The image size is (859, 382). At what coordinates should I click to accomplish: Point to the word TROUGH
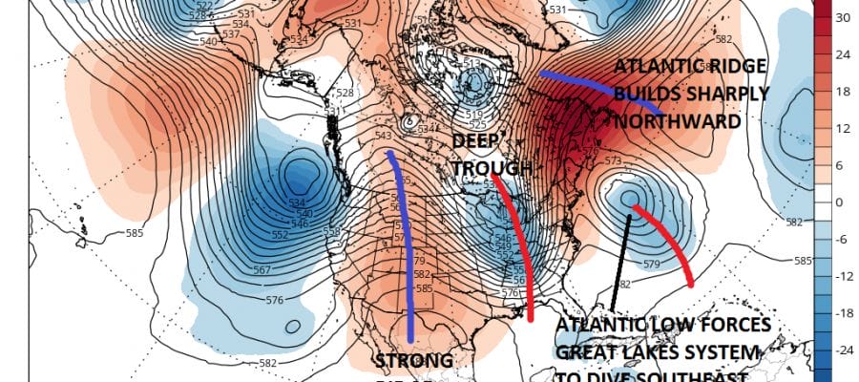click(x=491, y=168)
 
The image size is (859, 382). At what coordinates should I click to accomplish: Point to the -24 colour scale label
click(x=845, y=351)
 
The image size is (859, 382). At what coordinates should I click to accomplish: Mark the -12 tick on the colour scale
click(x=845, y=277)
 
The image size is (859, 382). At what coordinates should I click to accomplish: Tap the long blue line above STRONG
click(x=405, y=248)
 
